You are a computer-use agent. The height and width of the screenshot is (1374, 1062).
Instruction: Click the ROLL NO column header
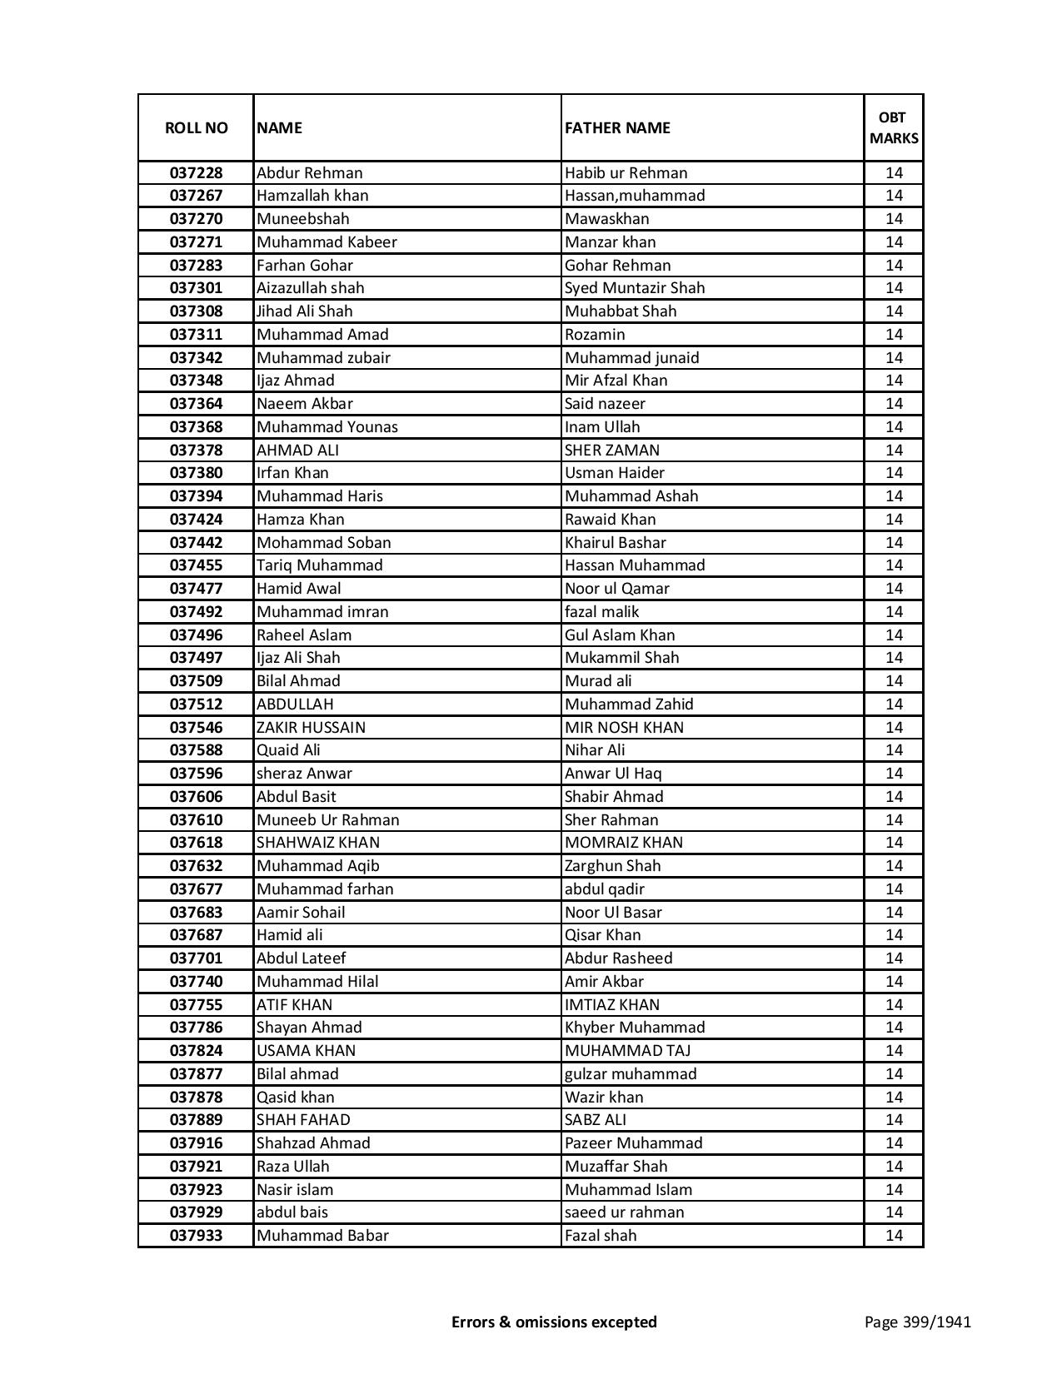point(196,127)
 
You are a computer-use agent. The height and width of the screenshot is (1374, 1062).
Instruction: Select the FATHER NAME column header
point(617,127)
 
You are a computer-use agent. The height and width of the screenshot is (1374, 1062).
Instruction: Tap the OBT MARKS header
point(894,127)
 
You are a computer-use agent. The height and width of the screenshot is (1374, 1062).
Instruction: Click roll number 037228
point(196,173)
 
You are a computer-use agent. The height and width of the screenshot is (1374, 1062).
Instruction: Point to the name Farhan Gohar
point(305,266)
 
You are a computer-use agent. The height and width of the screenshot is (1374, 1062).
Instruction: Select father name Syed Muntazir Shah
point(635,288)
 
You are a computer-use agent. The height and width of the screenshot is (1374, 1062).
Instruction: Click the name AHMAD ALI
point(297,451)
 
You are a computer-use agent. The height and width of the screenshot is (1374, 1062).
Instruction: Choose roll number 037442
point(196,543)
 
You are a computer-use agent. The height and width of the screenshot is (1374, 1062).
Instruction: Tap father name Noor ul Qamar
point(617,589)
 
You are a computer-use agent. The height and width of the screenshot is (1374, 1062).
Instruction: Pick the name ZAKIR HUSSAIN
point(311,728)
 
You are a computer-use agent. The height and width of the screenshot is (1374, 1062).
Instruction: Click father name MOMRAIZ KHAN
point(624,843)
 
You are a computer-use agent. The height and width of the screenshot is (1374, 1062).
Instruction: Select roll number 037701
point(196,958)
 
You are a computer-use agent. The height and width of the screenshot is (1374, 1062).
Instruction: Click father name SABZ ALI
point(596,1120)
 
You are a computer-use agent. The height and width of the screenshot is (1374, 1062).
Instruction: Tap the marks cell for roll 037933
point(894,1236)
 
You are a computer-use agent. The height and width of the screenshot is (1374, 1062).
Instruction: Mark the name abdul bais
point(292,1212)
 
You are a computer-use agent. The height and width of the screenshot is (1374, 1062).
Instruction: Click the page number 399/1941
point(917,1322)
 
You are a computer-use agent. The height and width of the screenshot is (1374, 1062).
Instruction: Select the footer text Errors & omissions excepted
point(554,1322)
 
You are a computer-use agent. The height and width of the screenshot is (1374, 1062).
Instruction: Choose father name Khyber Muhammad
point(635,1028)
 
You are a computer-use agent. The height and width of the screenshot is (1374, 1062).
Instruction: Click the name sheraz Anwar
point(304,774)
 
